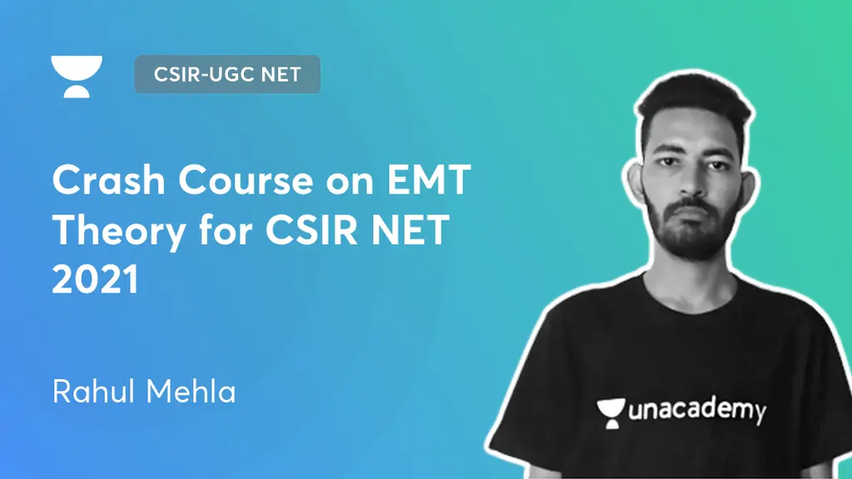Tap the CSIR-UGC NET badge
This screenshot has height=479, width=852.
pos(226,75)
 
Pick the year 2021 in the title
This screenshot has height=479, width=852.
pos(95,281)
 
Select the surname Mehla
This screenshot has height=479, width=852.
pos(191,389)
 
